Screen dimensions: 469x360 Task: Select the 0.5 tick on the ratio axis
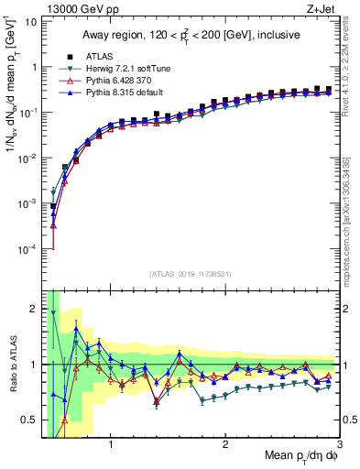tap(31, 420)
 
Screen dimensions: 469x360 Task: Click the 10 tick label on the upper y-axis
tap(30, 21)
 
